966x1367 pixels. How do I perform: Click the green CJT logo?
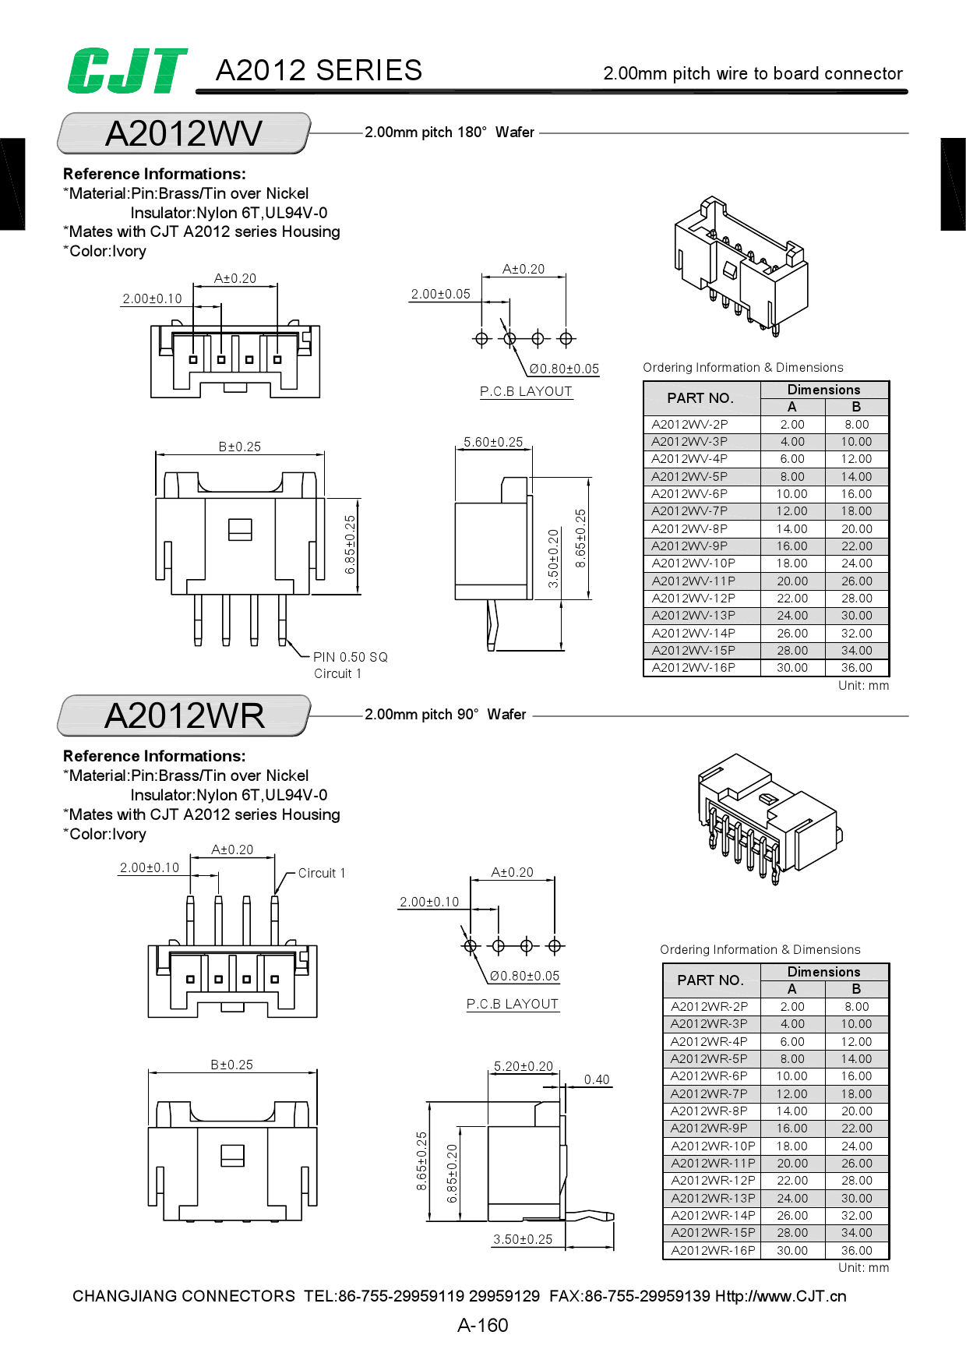pos(127,71)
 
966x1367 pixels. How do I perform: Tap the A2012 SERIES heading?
pos(319,71)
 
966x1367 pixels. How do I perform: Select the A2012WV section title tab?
pos(184,134)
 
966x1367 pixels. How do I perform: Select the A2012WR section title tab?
pos(184,716)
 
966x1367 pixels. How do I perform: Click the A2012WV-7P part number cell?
pos(690,511)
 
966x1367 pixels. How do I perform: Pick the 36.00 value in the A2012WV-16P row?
pos(856,668)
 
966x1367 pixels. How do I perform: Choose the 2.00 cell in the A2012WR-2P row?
pos(792,1007)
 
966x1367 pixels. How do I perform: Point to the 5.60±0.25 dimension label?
pos(493,442)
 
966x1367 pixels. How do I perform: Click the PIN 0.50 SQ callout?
pos(350,657)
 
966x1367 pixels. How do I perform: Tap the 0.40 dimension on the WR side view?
pos(597,1079)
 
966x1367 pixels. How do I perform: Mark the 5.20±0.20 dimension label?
pos(524,1066)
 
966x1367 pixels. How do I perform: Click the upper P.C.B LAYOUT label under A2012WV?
pos(526,392)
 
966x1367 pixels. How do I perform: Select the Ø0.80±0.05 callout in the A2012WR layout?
pos(524,976)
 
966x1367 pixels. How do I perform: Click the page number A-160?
pos(482,1326)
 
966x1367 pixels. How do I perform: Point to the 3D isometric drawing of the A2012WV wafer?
pos(740,265)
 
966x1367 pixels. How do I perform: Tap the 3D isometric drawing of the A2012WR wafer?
pos(767,818)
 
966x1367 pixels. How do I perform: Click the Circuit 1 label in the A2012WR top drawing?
pos(321,874)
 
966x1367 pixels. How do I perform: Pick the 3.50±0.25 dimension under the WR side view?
pos(523,1239)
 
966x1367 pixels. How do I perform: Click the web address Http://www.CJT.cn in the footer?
pos(781,1296)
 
